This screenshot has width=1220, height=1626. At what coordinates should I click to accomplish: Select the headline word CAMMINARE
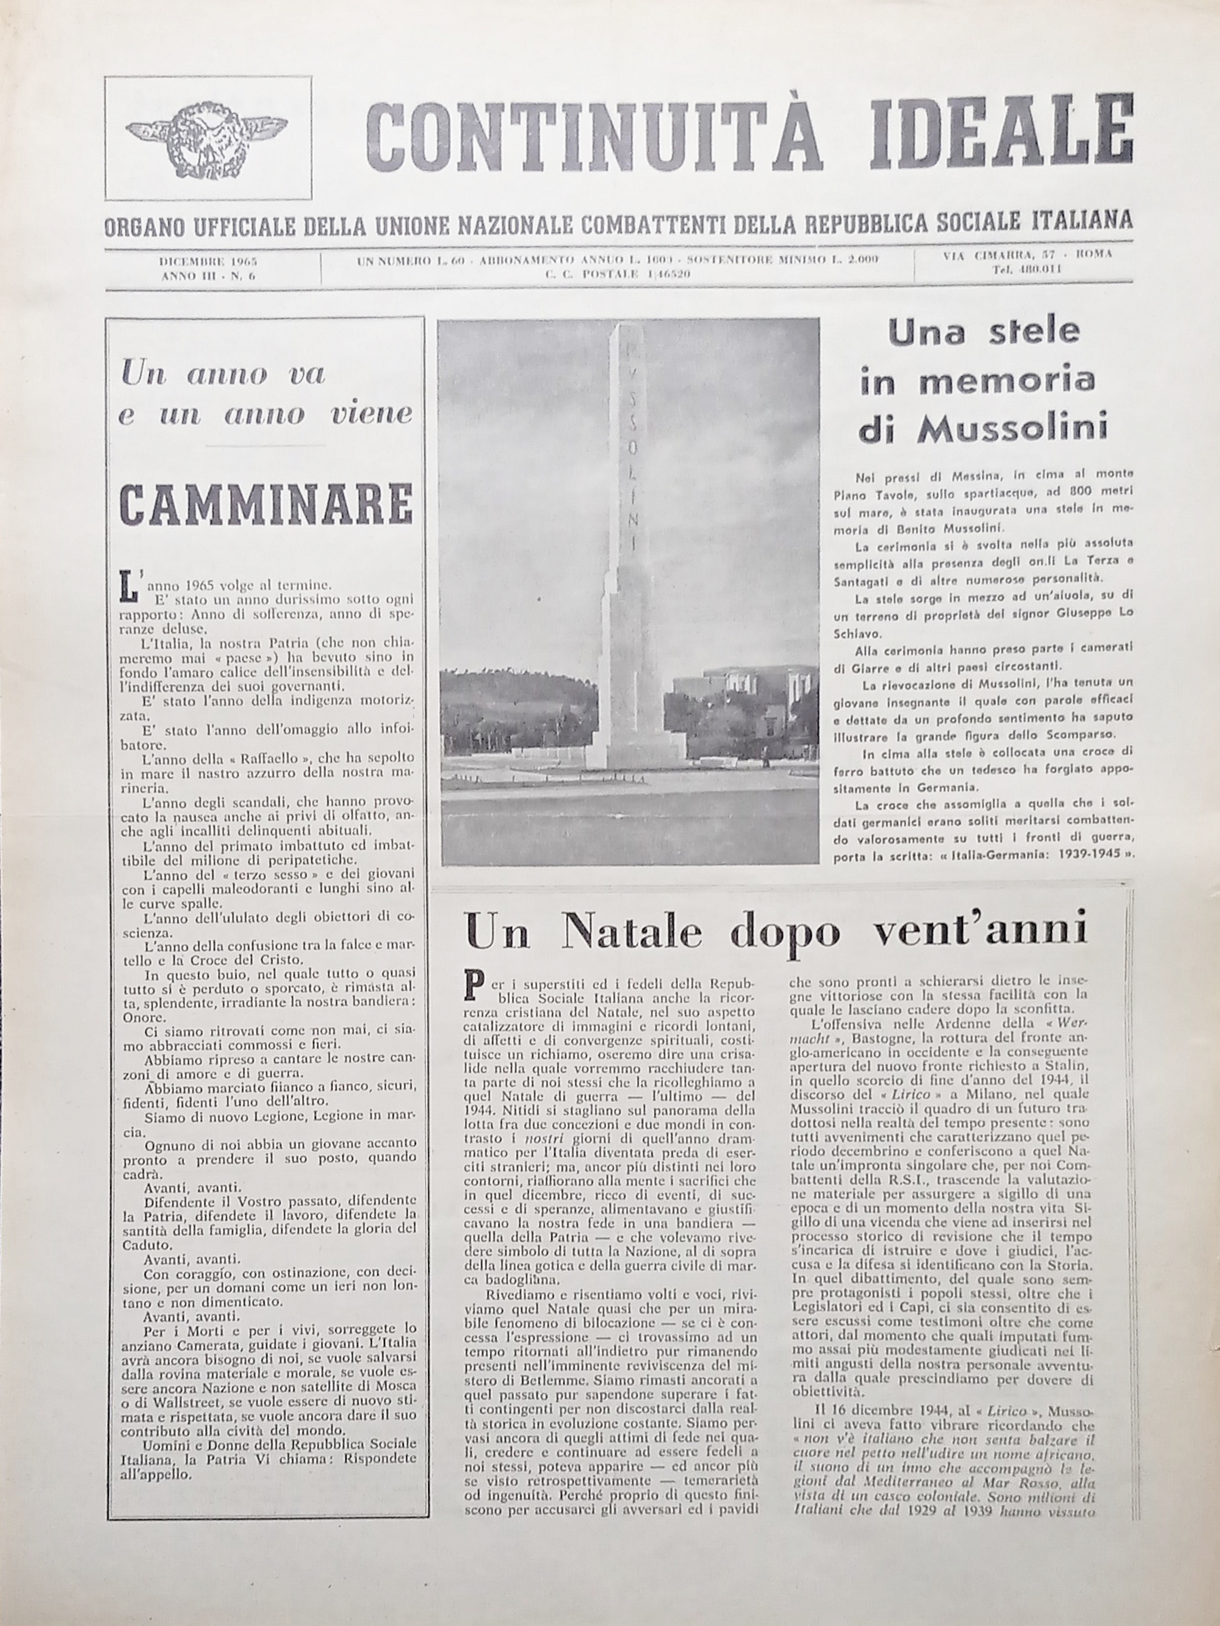pos(266,504)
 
